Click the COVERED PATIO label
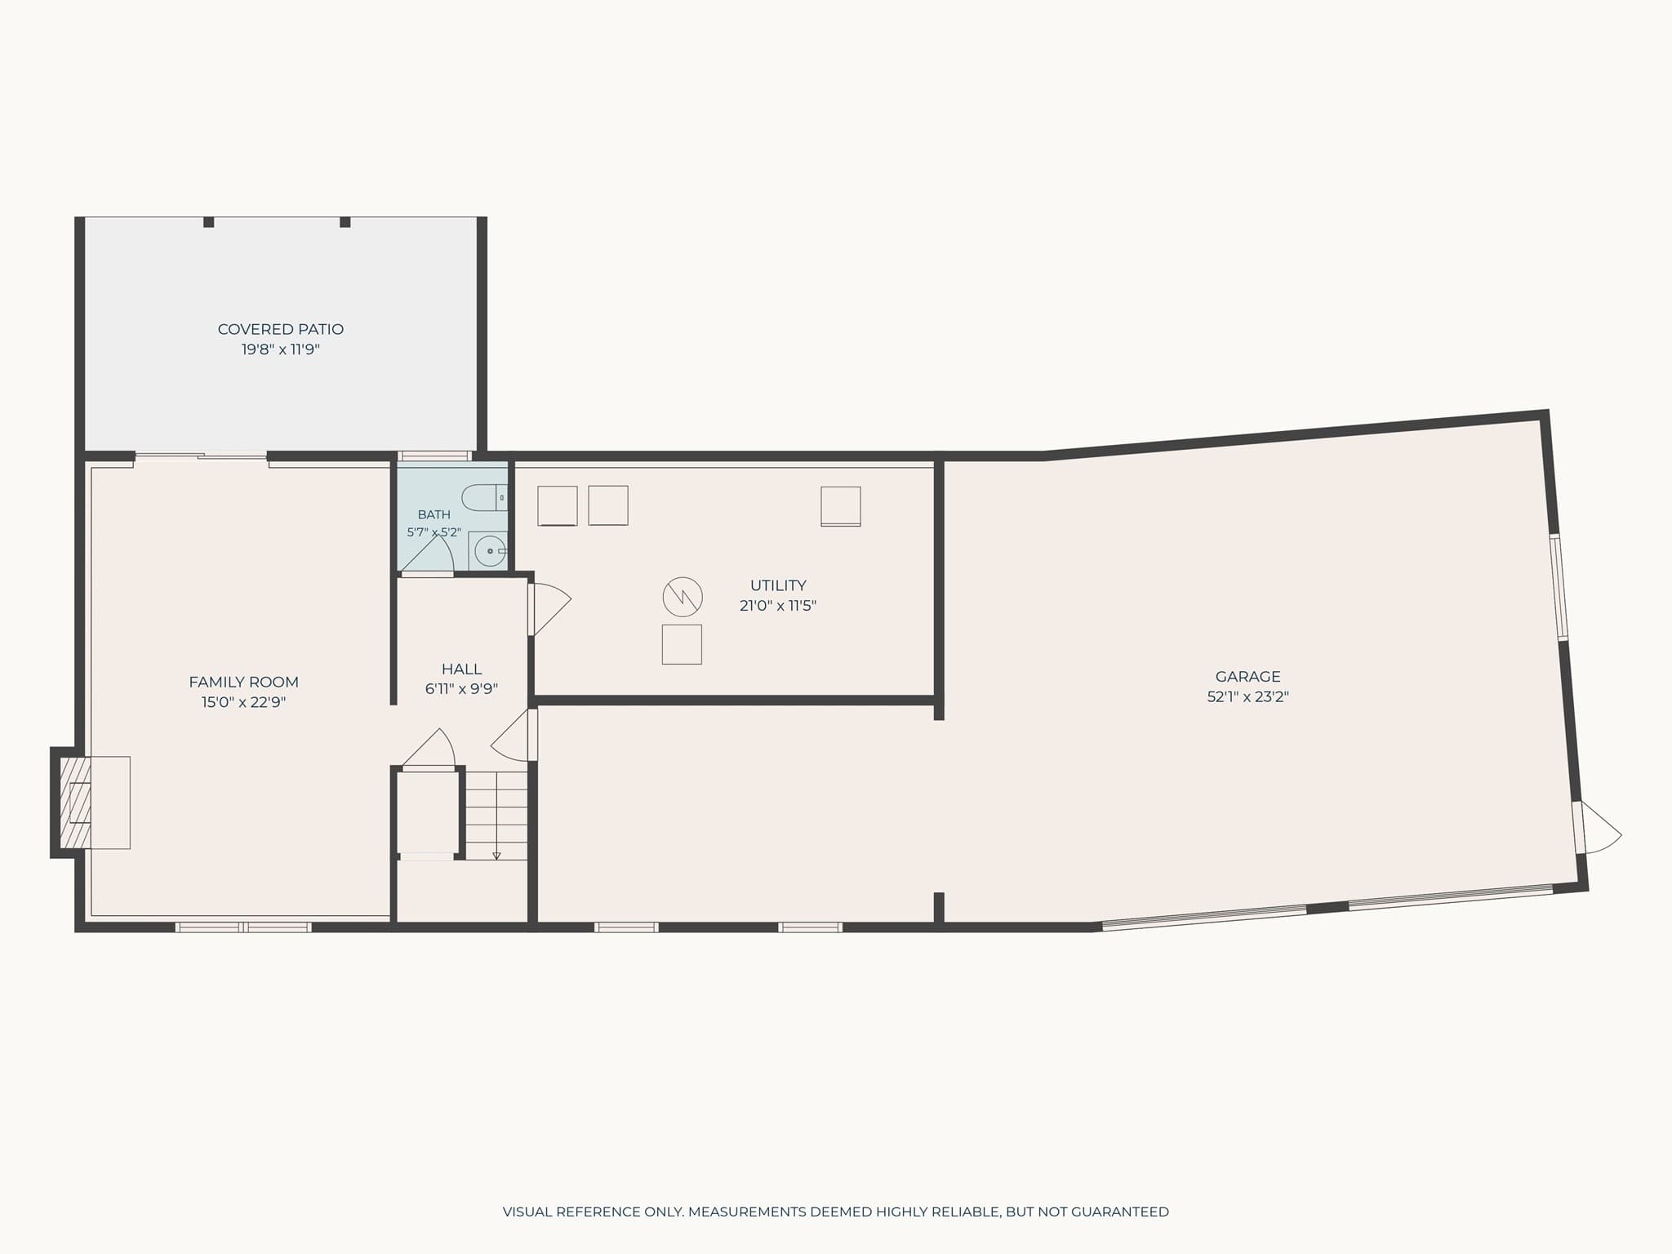tap(280, 329)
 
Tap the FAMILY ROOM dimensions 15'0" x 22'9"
tap(243, 702)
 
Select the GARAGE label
tap(1247, 676)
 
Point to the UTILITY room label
tap(778, 585)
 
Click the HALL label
tap(461, 669)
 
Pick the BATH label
tap(434, 514)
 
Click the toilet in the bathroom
tap(485, 497)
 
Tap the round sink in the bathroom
tap(490, 551)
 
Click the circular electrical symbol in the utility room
tap(683, 597)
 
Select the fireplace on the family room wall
tap(90, 803)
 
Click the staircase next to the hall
tap(496, 815)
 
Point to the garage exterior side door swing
tap(1598, 829)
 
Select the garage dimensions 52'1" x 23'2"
tap(1247, 697)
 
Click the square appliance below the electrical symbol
tap(682, 644)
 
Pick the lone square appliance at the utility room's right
tap(841, 506)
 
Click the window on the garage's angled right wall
tap(1559, 586)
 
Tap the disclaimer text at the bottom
tap(836, 1212)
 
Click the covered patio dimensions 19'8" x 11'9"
tap(280, 349)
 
